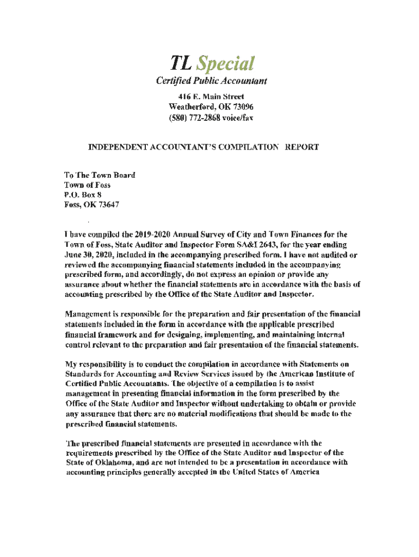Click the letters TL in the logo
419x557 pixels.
pyautogui.click(x=168, y=64)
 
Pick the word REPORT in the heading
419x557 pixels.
pyautogui.click(x=300, y=147)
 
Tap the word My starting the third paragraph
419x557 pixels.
pyautogui.click(x=71, y=363)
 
